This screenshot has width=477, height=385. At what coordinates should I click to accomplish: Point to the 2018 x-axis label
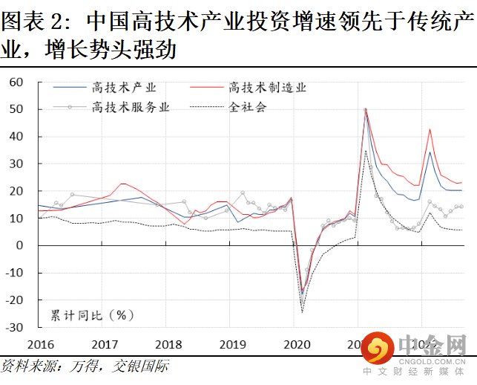tap(169, 343)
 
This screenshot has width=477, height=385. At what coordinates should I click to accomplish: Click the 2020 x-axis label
tap(297, 343)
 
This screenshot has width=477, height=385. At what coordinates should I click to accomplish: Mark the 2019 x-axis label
tap(233, 343)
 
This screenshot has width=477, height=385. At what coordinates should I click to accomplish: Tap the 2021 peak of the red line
tap(365, 109)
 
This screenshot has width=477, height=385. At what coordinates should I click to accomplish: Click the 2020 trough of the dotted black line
tap(302, 312)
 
